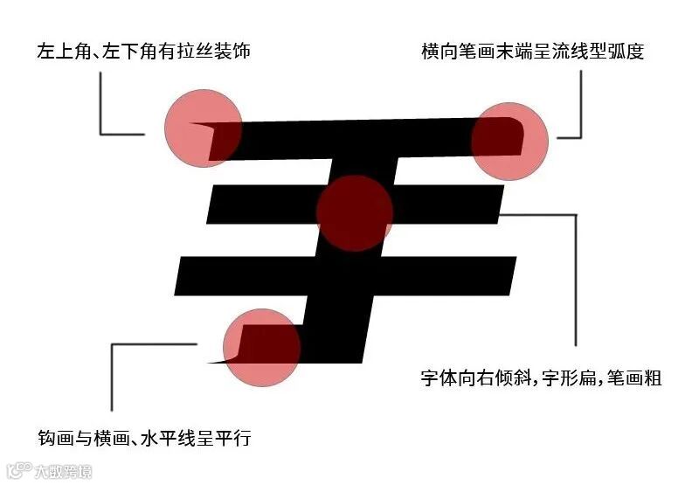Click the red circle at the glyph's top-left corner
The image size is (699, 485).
pos(203,128)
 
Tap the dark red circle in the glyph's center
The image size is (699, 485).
pos(354,213)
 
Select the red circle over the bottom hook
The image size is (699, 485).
pos(261,348)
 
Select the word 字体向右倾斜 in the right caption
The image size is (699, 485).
pos(477,379)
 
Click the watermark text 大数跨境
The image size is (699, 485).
pos(62,472)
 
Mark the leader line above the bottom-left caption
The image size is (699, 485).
pos(112,376)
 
